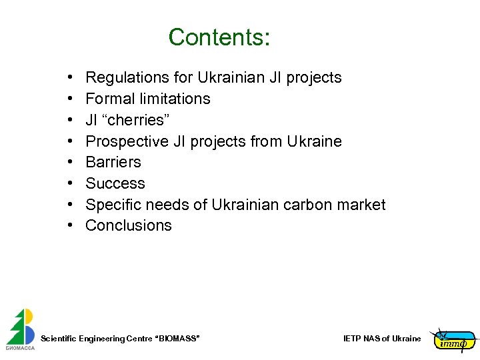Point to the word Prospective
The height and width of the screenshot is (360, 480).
tap(126, 141)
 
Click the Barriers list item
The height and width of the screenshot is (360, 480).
tap(113, 162)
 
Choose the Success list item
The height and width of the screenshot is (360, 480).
tap(115, 183)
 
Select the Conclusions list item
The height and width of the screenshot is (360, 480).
tap(129, 225)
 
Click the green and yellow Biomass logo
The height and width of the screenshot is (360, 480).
tap(21, 328)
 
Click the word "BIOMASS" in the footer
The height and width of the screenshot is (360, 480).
tap(177, 339)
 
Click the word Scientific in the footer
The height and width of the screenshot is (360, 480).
tap(59, 339)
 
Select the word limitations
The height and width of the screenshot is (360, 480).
tap(175, 99)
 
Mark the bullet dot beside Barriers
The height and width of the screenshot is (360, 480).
tap(70, 163)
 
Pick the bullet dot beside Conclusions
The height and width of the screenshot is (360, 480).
tap(70, 226)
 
